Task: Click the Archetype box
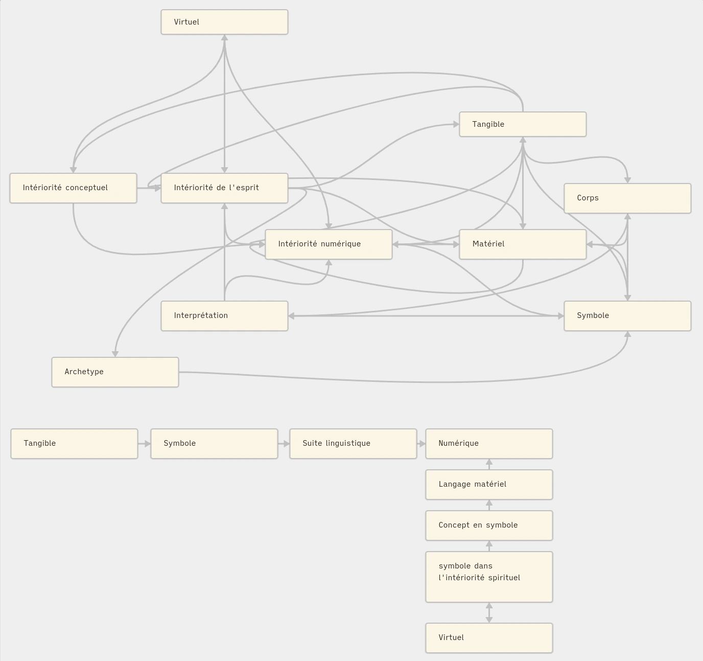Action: coord(115,372)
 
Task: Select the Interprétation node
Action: coord(224,316)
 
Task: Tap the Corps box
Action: coord(627,198)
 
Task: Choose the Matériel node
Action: coord(523,244)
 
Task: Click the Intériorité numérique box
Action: coord(329,244)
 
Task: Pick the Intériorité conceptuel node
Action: coord(73,188)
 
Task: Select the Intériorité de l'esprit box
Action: coord(224,188)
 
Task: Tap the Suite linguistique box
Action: coord(353,444)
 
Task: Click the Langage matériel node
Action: coord(489,485)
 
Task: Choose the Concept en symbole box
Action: coord(489,526)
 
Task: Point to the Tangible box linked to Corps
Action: coord(523,124)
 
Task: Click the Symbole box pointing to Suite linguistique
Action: coord(214,444)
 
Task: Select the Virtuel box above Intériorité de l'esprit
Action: coord(224,22)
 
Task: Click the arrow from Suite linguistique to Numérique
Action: coord(421,444)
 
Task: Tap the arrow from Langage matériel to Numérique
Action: coord(489,464)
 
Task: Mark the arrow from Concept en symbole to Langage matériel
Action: coord(489,505)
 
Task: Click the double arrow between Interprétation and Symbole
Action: coord(426,316)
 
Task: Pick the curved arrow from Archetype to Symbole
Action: coord(409,381)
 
